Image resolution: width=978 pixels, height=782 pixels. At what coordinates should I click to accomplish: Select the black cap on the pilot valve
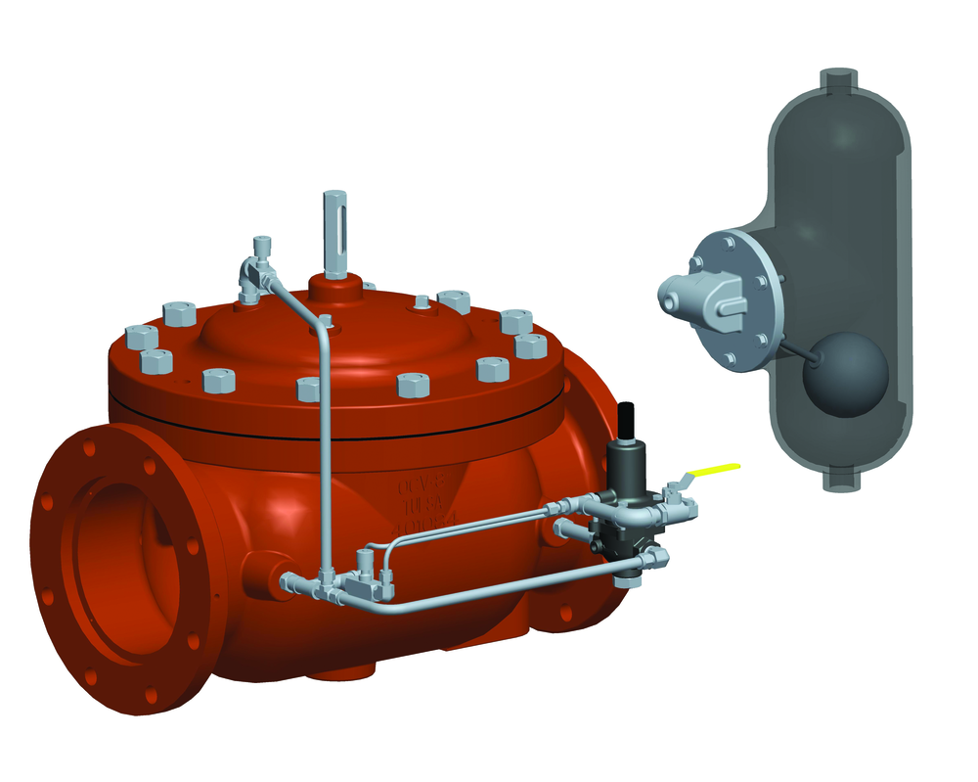(x=630, y=420)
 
